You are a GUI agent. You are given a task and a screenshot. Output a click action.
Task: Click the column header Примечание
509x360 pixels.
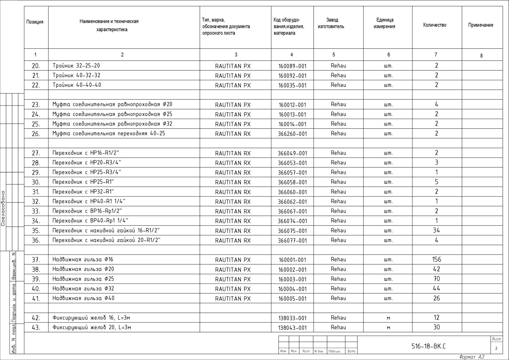pos(480,25)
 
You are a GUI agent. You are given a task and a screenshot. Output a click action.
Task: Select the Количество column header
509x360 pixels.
pos(435,25)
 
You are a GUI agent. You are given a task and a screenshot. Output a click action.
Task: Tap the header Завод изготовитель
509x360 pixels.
pos(331,23)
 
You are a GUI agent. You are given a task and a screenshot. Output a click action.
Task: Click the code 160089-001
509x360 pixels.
pos(292,66)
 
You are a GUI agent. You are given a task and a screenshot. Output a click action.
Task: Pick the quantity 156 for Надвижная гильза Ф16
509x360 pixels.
pos(436,260)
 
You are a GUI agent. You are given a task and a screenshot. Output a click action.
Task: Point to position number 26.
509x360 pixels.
pos(36,134)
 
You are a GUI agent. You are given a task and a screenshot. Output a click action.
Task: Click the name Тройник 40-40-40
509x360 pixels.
pos(77,85)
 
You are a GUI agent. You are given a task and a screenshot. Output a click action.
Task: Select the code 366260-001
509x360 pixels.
pos(292,134)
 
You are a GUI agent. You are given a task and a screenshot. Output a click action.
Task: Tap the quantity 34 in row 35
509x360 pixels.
pos(436,230)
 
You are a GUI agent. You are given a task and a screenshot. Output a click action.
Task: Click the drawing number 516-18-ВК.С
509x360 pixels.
pos(429,346)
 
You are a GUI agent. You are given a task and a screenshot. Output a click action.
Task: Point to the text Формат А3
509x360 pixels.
pos(472,357)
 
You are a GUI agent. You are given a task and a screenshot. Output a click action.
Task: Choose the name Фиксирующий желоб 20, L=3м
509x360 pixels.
pos(92,327)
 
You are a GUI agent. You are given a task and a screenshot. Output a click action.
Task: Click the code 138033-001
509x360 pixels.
pos(292,318)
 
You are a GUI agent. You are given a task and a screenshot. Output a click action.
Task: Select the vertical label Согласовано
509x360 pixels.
pos(3,208)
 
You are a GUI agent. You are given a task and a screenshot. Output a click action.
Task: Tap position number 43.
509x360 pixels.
pos(36,328)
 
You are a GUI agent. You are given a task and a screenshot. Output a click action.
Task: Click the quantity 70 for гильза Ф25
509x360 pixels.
pos(436,279)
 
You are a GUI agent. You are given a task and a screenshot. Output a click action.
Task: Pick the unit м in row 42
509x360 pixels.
pos(388,318)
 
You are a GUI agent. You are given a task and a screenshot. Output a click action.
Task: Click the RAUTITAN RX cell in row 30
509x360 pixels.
pos(233,182)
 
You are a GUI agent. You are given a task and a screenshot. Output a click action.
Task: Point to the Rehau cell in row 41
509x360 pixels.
pos(338,298)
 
